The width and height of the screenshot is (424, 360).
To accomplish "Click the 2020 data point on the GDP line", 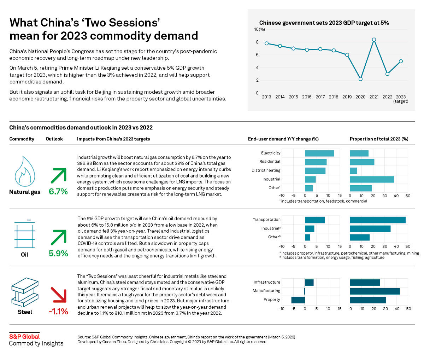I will coord(360,79).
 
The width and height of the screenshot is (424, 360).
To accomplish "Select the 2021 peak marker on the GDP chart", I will coord(374,40).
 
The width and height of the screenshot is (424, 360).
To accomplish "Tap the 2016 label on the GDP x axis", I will coord(307,97).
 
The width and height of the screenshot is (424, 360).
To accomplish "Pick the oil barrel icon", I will coord(24,235).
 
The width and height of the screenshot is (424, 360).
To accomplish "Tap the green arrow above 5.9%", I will coord(58,237).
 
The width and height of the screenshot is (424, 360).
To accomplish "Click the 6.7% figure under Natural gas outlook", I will coord(58,192).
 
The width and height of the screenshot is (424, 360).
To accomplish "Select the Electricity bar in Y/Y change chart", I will coord(319,153).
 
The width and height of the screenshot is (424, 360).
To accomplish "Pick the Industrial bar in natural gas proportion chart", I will coord(372,179).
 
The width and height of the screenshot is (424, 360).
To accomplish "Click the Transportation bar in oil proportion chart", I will coord(377,220).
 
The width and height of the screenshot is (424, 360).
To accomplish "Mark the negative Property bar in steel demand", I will coord(298,300).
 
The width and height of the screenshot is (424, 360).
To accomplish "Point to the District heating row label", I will coord(266,170).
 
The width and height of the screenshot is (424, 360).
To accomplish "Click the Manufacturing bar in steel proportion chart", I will coord(375,291).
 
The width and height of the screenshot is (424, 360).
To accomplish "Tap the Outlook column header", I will coord(54,139).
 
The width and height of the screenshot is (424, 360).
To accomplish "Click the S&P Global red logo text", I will coord(24,336).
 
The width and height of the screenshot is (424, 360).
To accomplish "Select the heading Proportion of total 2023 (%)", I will coord(379,139).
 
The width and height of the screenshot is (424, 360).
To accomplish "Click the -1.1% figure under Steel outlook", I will coord(58,312).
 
